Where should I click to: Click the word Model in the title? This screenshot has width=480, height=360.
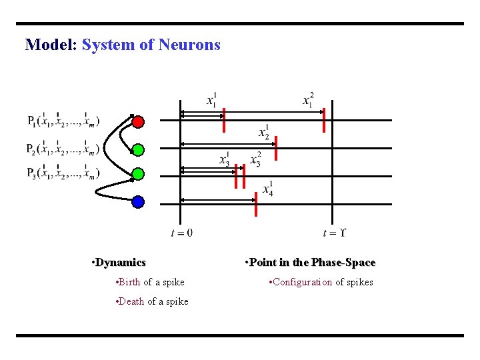point(51,45)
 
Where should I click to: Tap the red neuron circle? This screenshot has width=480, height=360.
point(137,122)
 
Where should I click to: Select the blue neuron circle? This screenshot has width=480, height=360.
point(138,201)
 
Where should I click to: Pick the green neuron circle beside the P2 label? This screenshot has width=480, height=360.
point(138,149)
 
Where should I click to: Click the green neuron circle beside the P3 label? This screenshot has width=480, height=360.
point(138,175)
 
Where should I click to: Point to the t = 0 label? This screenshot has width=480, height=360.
point(181,233)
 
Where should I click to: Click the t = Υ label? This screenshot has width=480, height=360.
point(334,233)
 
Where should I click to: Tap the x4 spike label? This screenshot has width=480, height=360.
point(267,189)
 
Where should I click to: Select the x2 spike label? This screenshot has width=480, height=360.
point(264,132)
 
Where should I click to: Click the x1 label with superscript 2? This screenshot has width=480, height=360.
point(308,100)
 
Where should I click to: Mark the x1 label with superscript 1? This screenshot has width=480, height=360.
point(211,100)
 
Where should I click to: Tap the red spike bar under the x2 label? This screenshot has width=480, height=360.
point(275,148)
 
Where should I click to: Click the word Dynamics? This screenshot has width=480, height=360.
point(120,263)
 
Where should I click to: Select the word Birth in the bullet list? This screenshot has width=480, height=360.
point(130,283)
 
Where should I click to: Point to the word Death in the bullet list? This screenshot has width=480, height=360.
point(132,301)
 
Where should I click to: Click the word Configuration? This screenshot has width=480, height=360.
point(302,282)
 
